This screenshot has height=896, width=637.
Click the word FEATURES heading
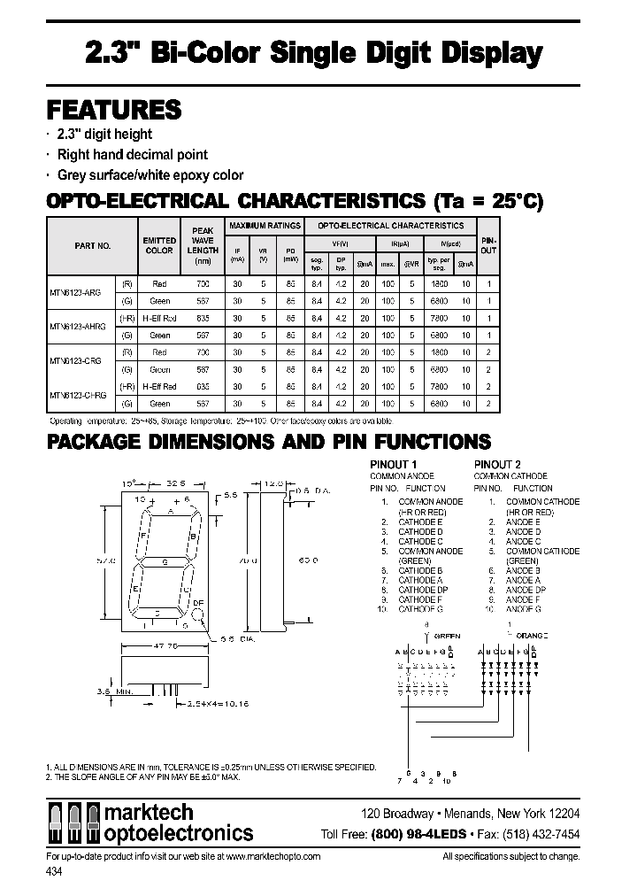[x=113, y=110]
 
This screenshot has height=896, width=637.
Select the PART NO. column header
[x=92, y=246]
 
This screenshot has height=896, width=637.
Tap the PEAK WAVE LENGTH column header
[x=203, y=241]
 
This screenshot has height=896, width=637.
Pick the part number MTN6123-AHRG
[x=78, y=327]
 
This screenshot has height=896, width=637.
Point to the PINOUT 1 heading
[x=393, y=465]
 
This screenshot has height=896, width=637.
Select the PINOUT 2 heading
[x=497, y=465]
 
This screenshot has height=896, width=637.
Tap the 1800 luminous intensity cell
[x=439, y=284]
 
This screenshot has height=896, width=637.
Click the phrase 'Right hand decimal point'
[x=133, y=155]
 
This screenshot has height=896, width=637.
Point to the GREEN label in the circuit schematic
[x=447, y=636]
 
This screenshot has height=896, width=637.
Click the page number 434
[x=54, y=872]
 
